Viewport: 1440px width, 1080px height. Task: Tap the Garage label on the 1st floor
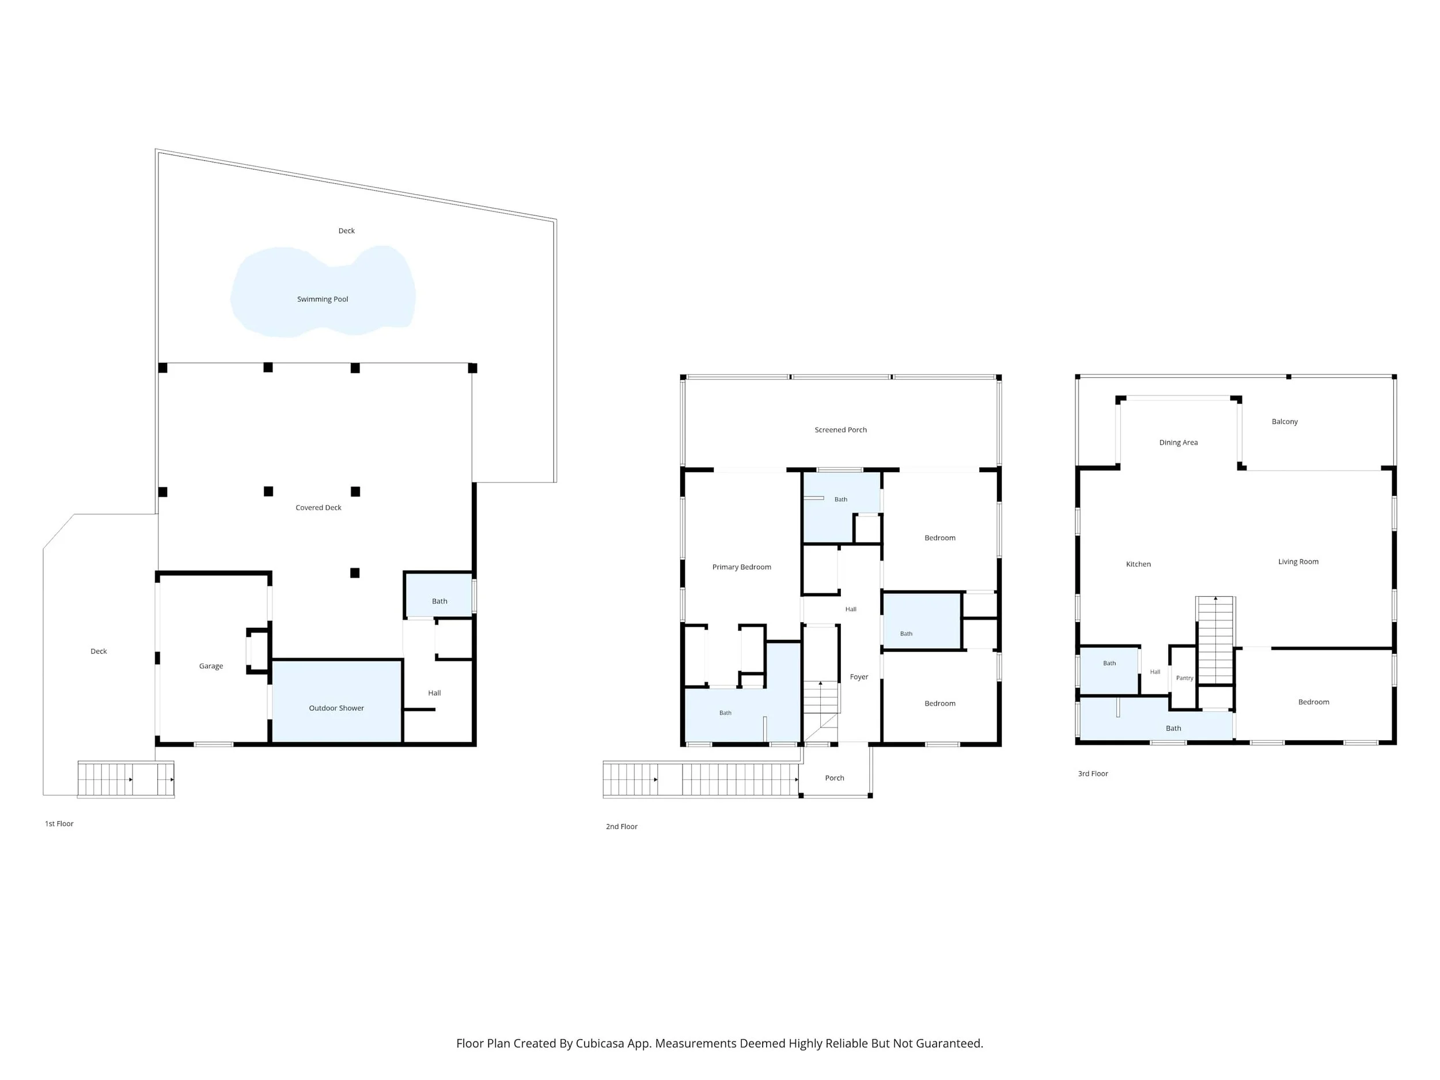(211, 666)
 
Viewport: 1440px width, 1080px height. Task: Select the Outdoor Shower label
(336, 708)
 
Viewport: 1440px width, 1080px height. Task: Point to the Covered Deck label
(319, 508)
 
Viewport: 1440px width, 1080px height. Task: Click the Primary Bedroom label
(741, 567)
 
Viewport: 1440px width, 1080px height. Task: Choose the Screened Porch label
(840, 430)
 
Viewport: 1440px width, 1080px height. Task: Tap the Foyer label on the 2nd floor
(859, 677)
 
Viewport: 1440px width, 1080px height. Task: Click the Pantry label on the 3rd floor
(1184, 679)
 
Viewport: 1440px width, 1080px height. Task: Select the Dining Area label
(1178, 443)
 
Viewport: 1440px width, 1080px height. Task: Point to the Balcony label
(1284, 422)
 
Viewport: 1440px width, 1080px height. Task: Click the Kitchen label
(1138, 564)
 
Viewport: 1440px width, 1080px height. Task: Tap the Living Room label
(1298, 562)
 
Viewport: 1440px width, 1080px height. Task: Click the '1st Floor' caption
(59, 824)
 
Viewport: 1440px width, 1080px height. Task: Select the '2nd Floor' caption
(622, 826)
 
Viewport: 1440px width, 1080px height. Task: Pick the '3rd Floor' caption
(1093, 774)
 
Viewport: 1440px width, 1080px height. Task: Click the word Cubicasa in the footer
(600, 1043)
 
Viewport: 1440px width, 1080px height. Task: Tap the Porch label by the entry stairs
(835, 778)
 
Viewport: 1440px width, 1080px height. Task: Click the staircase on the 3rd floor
(1215, 640)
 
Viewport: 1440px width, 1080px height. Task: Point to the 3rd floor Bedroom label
(1314, 702)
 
